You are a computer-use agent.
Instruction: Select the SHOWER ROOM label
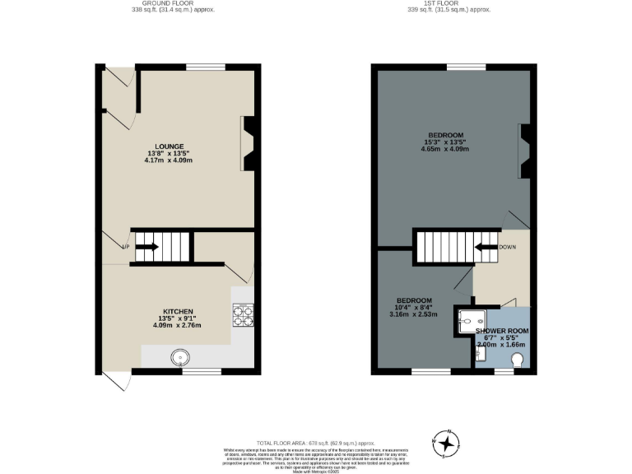(x=501, y=330)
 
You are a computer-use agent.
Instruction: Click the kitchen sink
(x=180, y=357)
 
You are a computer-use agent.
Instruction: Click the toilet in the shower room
(x=518, y=360)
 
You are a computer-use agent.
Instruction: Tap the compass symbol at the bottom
(x=446, y=444)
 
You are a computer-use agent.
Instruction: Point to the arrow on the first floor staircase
(x=484, y=246)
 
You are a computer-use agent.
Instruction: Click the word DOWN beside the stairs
(x=509, y=246)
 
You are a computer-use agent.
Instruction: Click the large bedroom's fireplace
(x=523, y=151)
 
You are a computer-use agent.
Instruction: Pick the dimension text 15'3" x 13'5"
(x=444, y=142)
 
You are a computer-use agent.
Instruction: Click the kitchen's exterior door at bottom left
(x=115, y=381)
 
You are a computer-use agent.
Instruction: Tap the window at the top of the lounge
(x=205, y=67)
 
